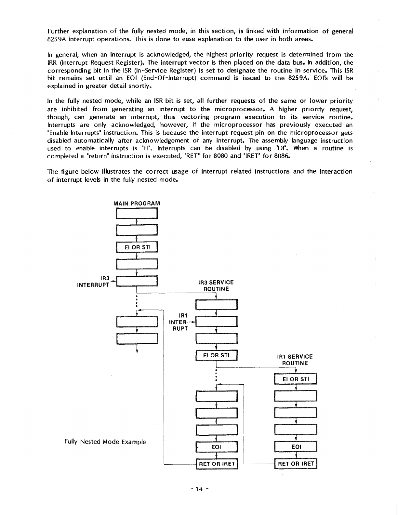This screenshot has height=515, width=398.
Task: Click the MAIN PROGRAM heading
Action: click(x=137, y=204)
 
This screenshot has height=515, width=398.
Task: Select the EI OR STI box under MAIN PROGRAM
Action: click(x=137, y=247)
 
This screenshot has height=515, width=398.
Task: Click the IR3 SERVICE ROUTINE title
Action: click(x=216, y=286)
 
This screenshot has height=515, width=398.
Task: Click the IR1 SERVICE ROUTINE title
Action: click(x=295, y=360)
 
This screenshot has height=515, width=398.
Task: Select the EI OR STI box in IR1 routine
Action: click(x=296, y=379)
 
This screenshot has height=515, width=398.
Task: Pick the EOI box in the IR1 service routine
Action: click(x=296, y=447)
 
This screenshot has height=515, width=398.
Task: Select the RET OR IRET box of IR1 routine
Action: click(x=296, y=464)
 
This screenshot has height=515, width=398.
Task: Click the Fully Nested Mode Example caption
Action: click(x=105, y=442)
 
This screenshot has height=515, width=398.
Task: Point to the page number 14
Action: click(x=199, y=489)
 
